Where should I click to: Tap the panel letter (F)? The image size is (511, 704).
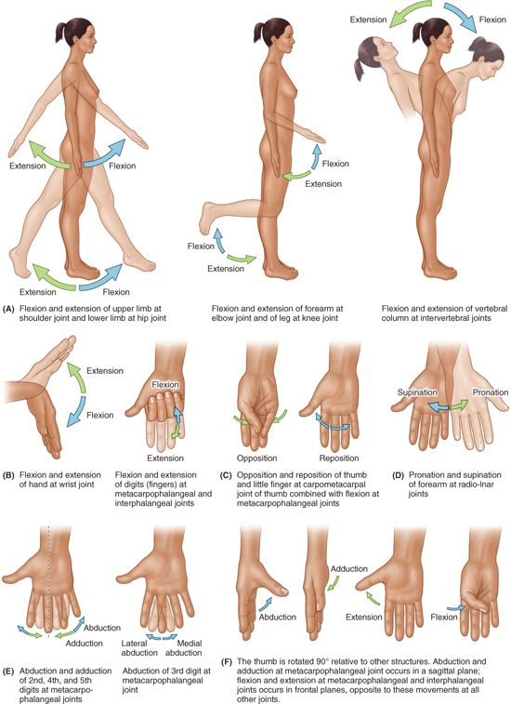pyautogui.click(x=227, y=662)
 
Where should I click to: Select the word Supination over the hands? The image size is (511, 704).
pyautogui.click(x=417, y=392)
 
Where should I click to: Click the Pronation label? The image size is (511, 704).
pyautogui.click(x=490, y=392)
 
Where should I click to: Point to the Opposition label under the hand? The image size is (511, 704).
pyautogui.click(x=256, y=458)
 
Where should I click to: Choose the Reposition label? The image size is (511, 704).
pyautogui.click(x=339, y=458)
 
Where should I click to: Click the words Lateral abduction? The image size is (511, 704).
pyautogui.click(x=139, y=648)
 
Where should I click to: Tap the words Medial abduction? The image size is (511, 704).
pyautogui.click(x=183, y=648)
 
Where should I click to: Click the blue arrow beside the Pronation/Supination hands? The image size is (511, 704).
pyautogui.click(x=438, y=406)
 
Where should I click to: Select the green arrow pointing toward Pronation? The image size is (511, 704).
pyautogui.click(x=459, y=405)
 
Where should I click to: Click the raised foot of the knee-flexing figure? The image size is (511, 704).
pyautogui.click(x=207, y=219)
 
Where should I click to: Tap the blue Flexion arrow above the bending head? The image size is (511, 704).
pyautogui.click(x=461, y=16)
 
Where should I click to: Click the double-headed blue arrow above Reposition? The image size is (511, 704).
pyautogui.click(x=333, y=422)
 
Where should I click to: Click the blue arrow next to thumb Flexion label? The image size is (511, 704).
pyautogui.click(x=456, y=608)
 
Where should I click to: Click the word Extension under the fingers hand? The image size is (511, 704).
pyautogui.click(x=165, y=458)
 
